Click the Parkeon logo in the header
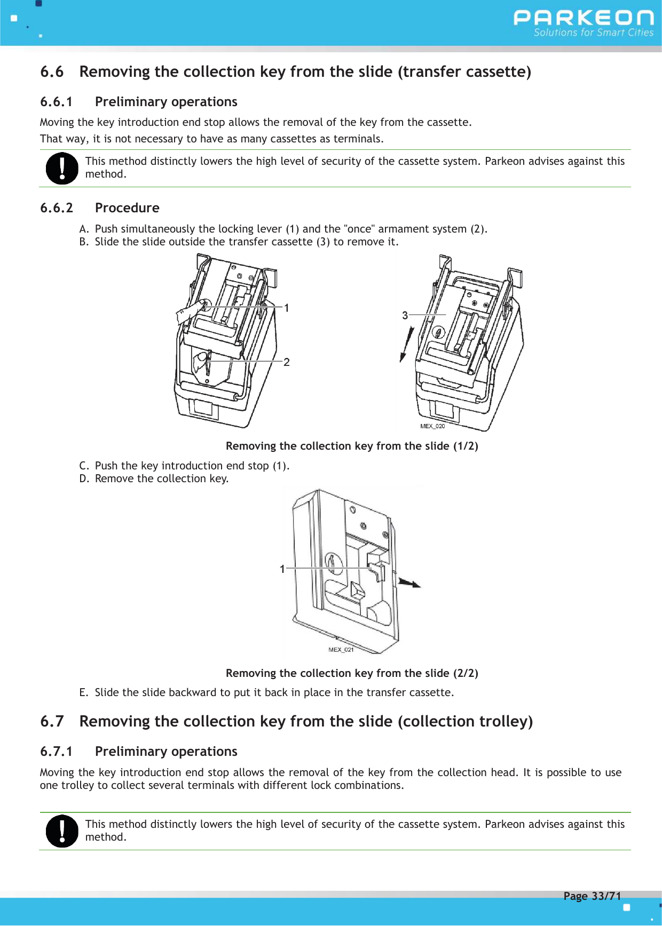coord(583,22)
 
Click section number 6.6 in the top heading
coord(52,72)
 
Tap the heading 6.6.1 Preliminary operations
coord(139,102)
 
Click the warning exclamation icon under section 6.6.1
coord(62,169)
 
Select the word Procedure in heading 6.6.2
coord(127,208)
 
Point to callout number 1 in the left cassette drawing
coord(287,308)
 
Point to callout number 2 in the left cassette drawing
coord(287,362)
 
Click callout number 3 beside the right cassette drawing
coord(405,315)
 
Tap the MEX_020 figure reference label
coord(432,426)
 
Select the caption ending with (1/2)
coord(352,446)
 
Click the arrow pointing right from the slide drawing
coord(409,583)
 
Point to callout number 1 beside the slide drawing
coord(282,569)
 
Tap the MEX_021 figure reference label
coord(341,650)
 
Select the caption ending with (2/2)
coord(352,673)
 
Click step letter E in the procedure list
coord(83,692)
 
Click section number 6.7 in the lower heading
coord(52,722)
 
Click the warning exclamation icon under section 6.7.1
coord(62,831)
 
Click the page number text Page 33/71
coord(592,896)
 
